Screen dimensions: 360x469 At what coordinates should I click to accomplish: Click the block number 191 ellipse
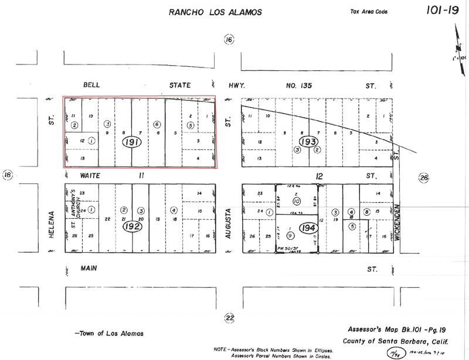coord(132,142)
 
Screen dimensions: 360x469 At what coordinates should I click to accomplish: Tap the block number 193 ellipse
coord(308,142)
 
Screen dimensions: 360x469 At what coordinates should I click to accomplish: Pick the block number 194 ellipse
coord(308,227)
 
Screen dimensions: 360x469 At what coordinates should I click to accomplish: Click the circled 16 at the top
coord(229,39)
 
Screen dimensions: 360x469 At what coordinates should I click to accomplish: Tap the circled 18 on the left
coord(8,175)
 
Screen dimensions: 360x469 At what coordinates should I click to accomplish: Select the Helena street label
coord(52,223)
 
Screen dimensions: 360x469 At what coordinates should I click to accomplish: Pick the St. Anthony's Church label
coord(74,208)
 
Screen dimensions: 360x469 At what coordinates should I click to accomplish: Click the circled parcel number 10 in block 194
coord(297,201)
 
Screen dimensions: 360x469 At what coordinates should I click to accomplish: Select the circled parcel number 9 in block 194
coord(290,235)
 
